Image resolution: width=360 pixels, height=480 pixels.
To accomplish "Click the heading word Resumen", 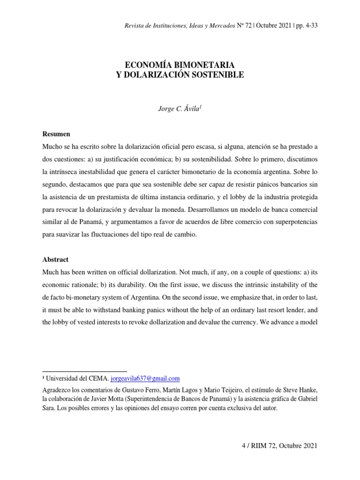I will [56, 134].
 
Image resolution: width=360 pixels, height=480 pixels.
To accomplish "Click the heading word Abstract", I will [55, 259].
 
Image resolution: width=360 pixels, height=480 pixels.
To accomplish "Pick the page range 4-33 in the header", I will [310, 25].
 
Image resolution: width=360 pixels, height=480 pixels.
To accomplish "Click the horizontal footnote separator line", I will [84, 371].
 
